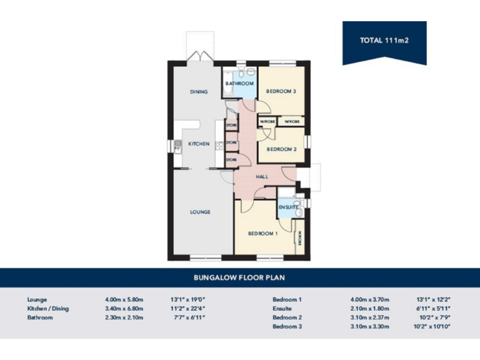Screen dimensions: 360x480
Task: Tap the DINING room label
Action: pos(199,92)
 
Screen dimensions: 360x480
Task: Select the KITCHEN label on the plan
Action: pos(199,144)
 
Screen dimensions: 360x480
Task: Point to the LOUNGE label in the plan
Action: pos(200,212)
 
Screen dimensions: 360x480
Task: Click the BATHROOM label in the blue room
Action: pos(239,83)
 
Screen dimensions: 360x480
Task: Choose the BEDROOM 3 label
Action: pos(281,91)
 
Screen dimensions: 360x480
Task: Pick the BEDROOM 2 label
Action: pos(281,149)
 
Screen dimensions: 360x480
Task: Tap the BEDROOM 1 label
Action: pos(262,234)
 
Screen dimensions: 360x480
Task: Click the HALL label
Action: pos(262,177)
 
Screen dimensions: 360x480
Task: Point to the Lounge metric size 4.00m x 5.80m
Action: pos(124,299)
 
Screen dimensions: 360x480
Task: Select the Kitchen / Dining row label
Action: pos(48,308)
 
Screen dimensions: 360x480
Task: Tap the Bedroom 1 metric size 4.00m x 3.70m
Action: pos(370,299)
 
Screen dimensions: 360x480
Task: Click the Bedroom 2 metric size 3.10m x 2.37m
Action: pos(370,317)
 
